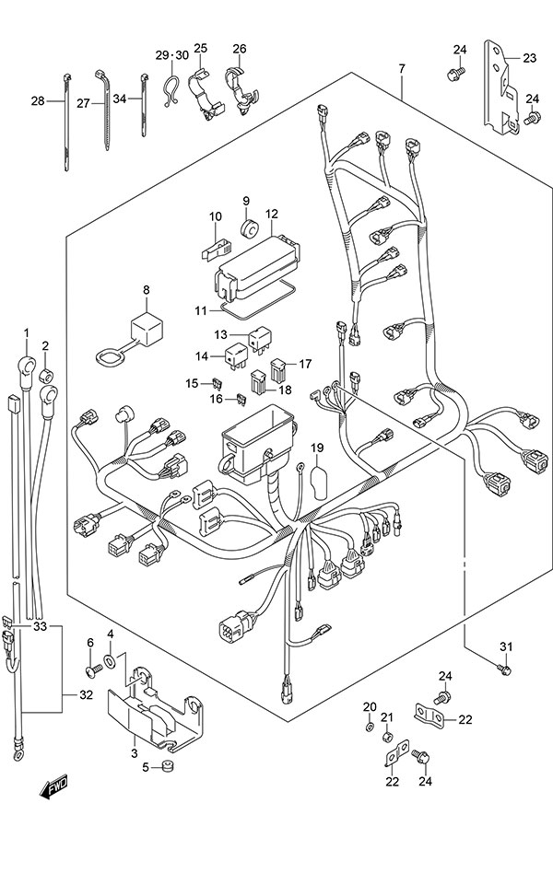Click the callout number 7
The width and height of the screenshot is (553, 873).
pos(402,69)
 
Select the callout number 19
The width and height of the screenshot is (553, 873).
pos(316,448)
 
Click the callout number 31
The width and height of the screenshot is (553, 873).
pos(504,644)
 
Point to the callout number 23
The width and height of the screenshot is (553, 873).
pos(528,57)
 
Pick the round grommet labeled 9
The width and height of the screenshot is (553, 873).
pos(247,227)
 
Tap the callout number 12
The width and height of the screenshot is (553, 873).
pos(272,215)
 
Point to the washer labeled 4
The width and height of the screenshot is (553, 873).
pos(111,661)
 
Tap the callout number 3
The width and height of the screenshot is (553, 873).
pos(134,753)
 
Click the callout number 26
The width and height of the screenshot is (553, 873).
pos(240,49)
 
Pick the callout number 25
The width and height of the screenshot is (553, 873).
pos(201,49)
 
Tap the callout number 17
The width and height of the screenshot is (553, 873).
pos(305,363)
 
